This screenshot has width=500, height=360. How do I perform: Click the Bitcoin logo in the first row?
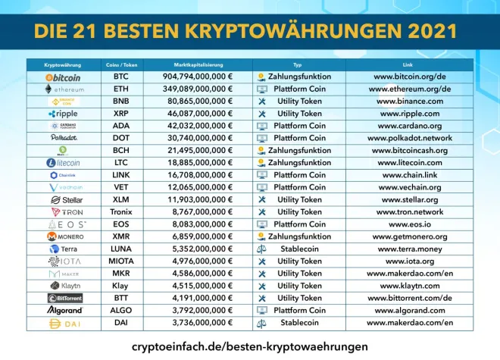(x=64, y=77)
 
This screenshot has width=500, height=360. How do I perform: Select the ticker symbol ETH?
(x=121, y=89)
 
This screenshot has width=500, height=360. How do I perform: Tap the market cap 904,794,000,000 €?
(x=198, y=77)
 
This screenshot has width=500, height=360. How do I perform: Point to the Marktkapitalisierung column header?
(x=198, y=65)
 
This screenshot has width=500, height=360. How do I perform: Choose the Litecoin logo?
(x=64, y=163)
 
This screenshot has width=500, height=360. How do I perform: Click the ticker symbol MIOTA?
(x=121, y=261)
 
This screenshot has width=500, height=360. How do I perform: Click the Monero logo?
(x=64, y=236)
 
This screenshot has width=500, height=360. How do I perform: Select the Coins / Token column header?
(x=121, y=65)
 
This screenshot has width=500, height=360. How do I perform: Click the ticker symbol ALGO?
(x=121, y=310)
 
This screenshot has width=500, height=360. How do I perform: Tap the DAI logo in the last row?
(x=64, y=323)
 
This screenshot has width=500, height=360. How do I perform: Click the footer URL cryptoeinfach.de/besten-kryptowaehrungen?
(x=250, y=346)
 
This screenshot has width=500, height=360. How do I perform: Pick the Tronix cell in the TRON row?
(x=121, y=212)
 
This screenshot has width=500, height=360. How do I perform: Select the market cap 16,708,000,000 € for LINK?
(x=198, y=175)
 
